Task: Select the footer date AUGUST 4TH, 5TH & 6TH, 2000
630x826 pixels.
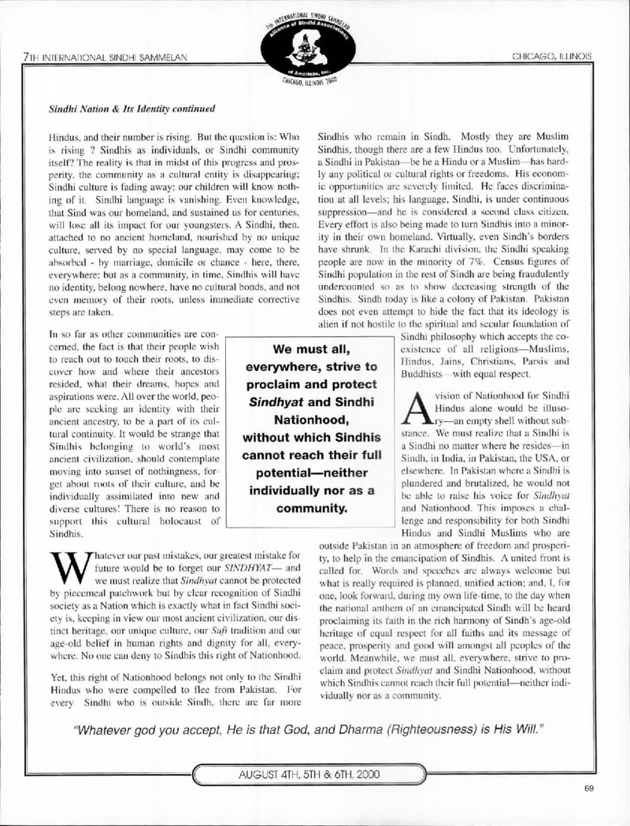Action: (x=314, y=774)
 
